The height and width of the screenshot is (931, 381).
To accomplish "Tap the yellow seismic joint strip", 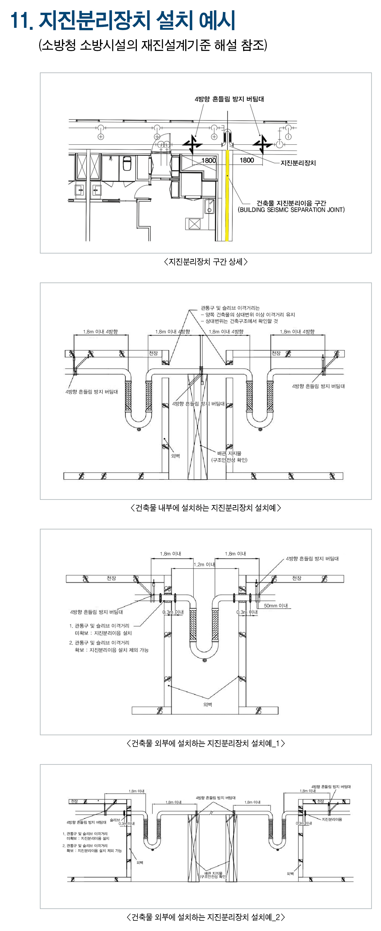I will (227, 195).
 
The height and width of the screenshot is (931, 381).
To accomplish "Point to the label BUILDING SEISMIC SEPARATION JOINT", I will (291, 210).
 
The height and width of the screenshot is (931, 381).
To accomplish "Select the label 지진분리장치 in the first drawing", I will (298, 163).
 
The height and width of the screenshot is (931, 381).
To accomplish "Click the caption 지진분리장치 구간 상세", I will (205, 262).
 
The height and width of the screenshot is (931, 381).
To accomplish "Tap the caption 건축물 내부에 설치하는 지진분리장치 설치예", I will (205, 508).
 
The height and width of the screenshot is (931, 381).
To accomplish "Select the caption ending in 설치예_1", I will (205, 743).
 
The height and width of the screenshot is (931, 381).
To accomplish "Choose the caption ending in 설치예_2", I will (205, 917).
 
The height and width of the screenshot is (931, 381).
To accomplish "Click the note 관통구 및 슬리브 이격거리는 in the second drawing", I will (230, 308).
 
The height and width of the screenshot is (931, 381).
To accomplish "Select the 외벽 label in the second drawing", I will (176, 456).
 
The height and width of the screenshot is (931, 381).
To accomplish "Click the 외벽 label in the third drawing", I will (208, 704).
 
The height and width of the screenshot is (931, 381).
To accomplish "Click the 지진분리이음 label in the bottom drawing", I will (332, 819).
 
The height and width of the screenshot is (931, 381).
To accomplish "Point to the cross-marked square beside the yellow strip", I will (194, 224).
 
